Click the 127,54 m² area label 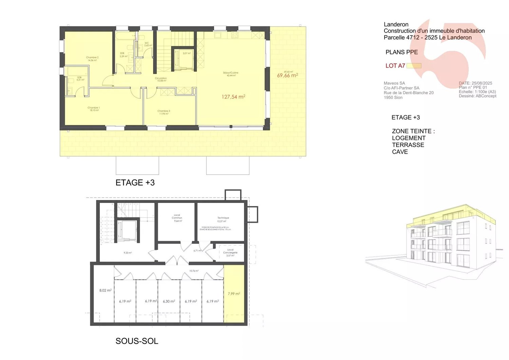point(233,97)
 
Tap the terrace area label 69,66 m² point(287,75)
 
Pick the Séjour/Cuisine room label point(230,74)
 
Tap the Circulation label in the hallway point(161,79)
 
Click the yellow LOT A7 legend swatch point(414,66)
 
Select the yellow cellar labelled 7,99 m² point(234,294)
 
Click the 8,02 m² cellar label point(105,290)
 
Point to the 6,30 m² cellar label point(169,301)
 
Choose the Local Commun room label point(177,218)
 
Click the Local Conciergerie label point(230,252)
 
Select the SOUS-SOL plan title point(137,341)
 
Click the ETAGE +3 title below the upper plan point(135,183)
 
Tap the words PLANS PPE point(401,52)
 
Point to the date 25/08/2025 point(482,83)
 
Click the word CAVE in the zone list point(400,152)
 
